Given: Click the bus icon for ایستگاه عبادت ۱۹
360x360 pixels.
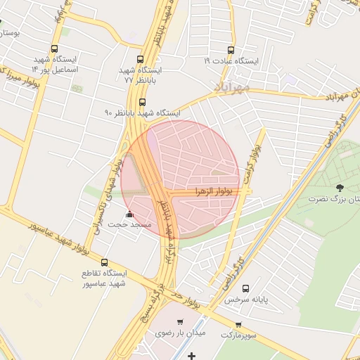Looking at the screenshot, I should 231,50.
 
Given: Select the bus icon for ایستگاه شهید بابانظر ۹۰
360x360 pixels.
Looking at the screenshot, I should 143,102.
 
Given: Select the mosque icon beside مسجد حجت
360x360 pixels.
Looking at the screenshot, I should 129,214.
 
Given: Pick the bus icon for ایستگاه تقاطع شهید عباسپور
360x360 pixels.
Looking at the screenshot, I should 104,262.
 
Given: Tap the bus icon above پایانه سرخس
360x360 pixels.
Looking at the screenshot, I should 245,288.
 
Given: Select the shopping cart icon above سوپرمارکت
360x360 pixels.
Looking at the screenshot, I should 239,324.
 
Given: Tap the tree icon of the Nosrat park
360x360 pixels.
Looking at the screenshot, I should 340,188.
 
